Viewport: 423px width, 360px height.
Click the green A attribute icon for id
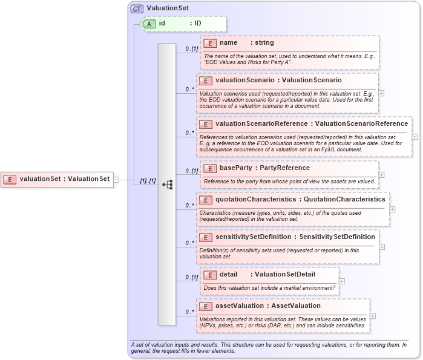[x=148, y=24]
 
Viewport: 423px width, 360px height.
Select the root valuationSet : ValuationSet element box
[x=57, y=179]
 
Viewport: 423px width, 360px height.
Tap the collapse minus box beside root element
[x=116, y=179]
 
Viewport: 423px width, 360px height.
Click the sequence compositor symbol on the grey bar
[x=167, y=183]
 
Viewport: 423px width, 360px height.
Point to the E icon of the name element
[x=209, y=43]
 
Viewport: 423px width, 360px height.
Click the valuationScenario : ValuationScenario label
[x=278, y=80]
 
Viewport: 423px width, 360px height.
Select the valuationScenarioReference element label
[x=311, y=124]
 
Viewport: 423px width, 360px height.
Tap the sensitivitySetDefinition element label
[x=295, y=237]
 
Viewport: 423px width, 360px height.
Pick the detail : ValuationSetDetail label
[x=267, y=274]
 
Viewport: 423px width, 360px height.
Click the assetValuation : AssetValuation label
[x=267, y=306]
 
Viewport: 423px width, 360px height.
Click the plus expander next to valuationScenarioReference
[x=415, y=137]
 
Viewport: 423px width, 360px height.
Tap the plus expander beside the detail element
[x=343, y=281]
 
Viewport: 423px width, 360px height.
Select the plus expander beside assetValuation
[x=373, y=316]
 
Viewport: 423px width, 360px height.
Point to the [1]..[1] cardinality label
[x=148, y=180]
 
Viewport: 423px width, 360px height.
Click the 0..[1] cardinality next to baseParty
[x=191, y=171]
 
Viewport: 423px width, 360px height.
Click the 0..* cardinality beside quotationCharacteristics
[x=190, y=206]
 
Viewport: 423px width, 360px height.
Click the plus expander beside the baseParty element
[x=382, y=174]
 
